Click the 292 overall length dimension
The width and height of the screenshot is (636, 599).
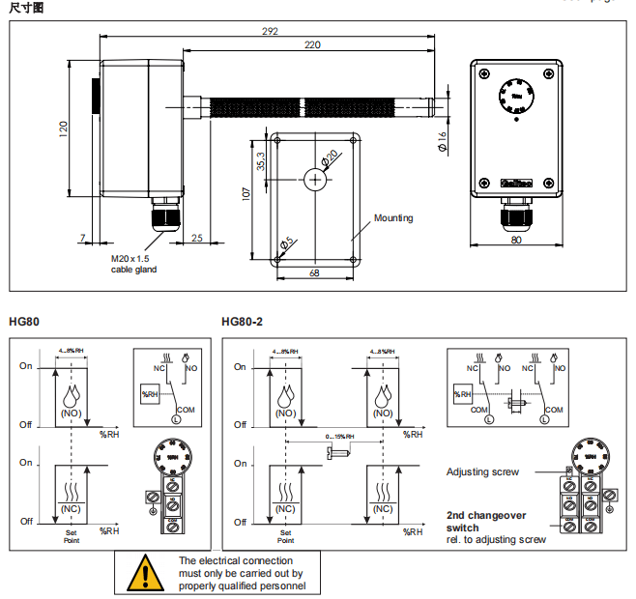tap(270, 31)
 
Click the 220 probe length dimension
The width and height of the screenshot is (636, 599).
tap(312, 45)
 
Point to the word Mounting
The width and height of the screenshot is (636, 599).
tap(393, 218)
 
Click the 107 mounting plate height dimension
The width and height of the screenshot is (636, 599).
tap(246, 194)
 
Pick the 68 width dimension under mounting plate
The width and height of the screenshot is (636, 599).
tap(315, 273)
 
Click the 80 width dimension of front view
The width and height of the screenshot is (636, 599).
tap(516, 240)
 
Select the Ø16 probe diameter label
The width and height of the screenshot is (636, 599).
tap(442, 141)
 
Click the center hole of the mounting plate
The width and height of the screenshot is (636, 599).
tap(315, 180)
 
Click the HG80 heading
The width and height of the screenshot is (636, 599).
tap(24, 322)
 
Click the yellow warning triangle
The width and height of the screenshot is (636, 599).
tap(146, 573)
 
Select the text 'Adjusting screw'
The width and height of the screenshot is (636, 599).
tap(482, 472)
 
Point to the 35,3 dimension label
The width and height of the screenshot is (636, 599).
tap(260, 162)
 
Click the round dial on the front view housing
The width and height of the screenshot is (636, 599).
tap(516, 98)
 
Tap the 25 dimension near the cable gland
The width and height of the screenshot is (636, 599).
tap(196, 238)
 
